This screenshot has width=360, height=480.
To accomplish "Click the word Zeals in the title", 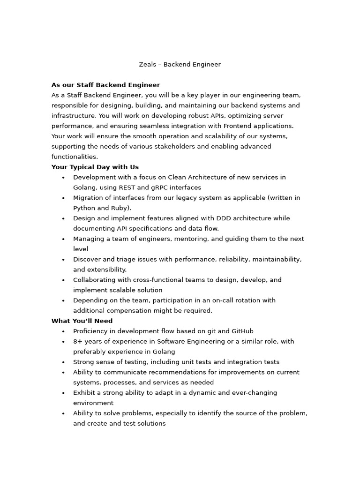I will [147, 65].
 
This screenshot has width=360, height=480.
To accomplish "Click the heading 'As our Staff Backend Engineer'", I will [105, 85].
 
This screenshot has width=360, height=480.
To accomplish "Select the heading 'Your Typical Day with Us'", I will [95, 167].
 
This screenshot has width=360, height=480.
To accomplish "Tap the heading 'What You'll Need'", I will [82, 321].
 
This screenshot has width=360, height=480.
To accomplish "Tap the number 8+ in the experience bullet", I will [78, 342].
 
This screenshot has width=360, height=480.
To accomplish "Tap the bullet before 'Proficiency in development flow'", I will [63, 331].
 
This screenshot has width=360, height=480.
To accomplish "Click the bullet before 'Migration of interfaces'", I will [63, 198].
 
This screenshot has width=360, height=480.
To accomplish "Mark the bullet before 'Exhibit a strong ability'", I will [63, 393].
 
